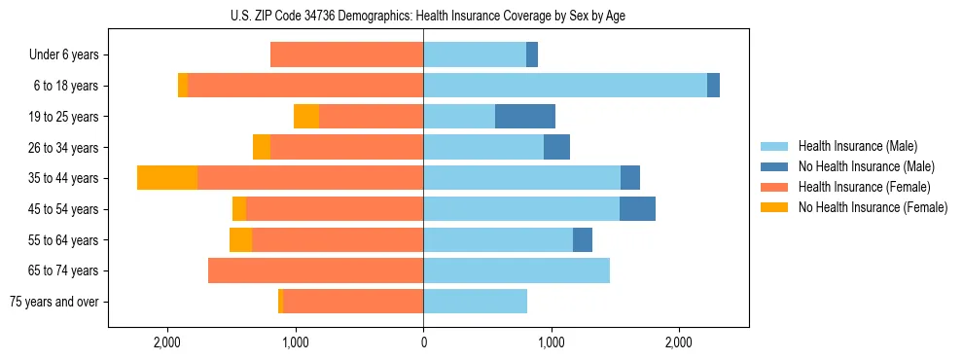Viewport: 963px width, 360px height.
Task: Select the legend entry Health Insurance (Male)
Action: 857,146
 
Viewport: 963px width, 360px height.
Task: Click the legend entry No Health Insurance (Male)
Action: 866,166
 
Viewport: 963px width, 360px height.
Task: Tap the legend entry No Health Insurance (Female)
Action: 872,207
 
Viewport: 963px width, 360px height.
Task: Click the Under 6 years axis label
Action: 63,54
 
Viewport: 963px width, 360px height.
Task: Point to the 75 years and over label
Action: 53,302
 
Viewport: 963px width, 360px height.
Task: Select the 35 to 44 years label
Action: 64,178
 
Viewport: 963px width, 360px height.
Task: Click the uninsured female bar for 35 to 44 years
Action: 167,178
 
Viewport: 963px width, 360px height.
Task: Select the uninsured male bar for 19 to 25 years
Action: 525,117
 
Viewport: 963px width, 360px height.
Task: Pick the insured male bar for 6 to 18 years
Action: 564,86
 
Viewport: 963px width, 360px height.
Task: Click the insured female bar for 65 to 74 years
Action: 315,270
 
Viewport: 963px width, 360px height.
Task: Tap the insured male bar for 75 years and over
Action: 475,302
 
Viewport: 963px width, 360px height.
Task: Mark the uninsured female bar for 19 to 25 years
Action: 306,117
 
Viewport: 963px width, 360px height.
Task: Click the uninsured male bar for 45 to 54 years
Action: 637,209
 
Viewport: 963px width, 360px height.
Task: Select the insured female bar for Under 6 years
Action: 346,54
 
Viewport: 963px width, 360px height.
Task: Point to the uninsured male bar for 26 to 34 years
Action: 556,147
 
